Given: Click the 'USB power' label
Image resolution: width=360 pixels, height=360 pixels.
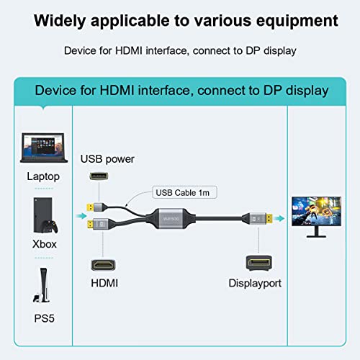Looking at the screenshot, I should click(107, 158).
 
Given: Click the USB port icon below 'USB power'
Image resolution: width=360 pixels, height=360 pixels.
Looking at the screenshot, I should click(97, 177).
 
